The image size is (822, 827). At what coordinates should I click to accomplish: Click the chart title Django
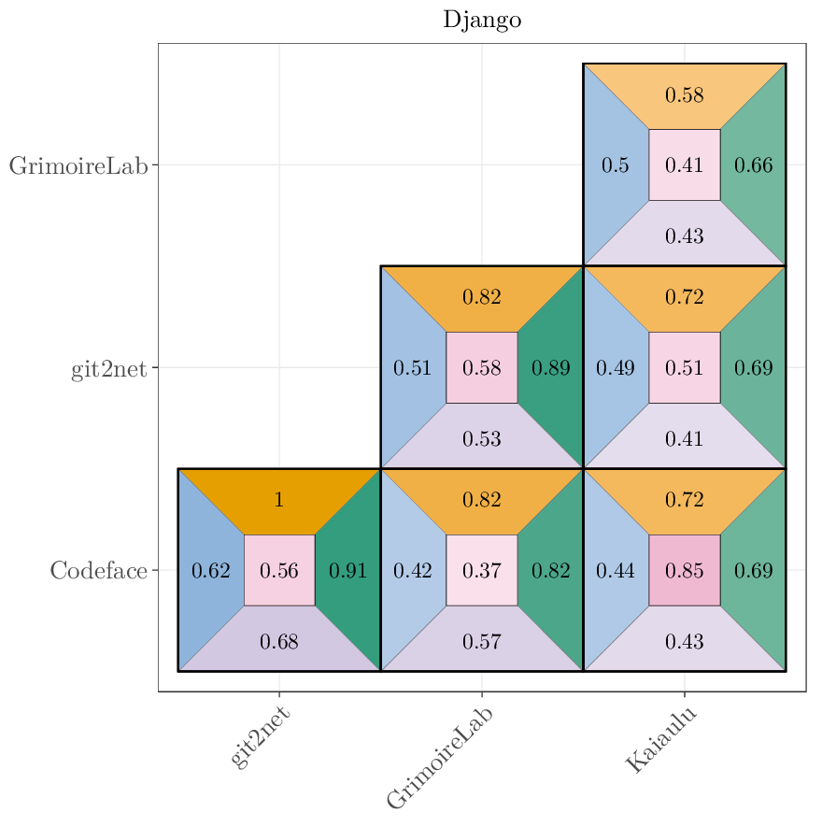[x=482, y=20]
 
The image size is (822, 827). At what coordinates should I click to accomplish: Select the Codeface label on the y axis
[x=98, y=570]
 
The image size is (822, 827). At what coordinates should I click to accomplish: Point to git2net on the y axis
[x=108, y=368]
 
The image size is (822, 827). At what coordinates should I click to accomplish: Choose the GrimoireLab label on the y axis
[x=78, y=165]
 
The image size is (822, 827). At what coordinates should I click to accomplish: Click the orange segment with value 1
[x=279, y=499]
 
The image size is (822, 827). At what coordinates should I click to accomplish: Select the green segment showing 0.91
[x=348, y=570]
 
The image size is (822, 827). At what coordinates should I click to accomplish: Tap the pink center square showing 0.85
[x=685, y=570]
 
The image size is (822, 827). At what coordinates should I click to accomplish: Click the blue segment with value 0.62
[x=210, y=570]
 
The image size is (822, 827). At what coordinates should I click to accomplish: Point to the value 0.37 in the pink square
[x=482, y=570]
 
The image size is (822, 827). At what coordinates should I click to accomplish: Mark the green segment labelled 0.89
[x=551, y=368]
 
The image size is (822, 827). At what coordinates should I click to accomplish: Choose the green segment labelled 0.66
[x=754, y=165]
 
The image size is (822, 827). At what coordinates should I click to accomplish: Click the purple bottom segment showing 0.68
[x=279, y=641]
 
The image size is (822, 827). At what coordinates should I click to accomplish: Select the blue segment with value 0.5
[x=615, y=165]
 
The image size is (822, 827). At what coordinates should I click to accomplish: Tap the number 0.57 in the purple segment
[x=482, y=641]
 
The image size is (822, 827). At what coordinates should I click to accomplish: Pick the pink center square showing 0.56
[x=279, y=570]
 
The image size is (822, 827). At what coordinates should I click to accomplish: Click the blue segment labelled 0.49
[x=615, y=368]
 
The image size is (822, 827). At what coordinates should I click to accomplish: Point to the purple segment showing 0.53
[x=482, y=438]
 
